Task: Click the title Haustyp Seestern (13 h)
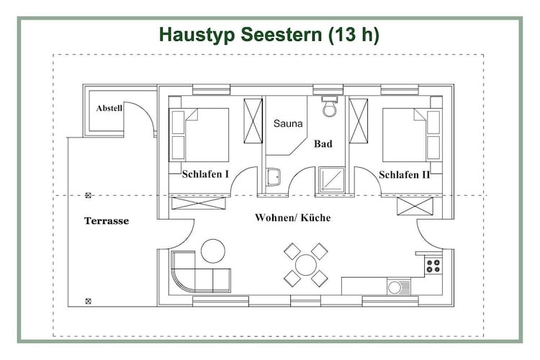coord(269,35)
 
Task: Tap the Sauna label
coord(288,123)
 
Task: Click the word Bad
coord(323,144)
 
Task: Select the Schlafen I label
coord(205,174)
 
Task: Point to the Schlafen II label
coord(405,175)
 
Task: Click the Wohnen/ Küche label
coord(293,217)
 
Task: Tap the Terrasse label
coord(107,221)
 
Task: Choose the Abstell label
coord(109,108)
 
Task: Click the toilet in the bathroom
coord(330,106)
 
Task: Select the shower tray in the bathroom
coord(331,179)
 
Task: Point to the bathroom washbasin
coord(274,177)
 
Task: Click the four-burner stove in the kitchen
coord(433,266)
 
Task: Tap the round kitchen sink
coord(395,287)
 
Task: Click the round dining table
coord(306,265)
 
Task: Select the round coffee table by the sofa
coord(213,251)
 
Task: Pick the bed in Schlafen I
coord(199,135)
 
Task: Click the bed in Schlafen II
coord(413,135)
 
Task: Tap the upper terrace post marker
coord(88,195)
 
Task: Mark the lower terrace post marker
coord(88,302)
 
